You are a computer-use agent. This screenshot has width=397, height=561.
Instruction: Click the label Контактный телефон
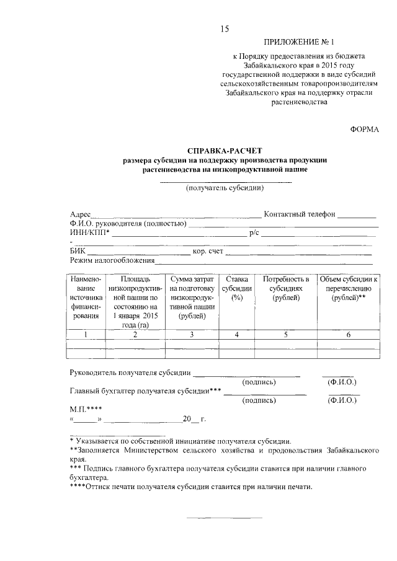click(x=300, y=214)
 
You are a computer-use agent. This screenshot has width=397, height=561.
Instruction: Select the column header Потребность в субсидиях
click(x=286, y=288)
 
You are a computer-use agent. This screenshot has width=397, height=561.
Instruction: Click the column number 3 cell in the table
click(x=192, y=335)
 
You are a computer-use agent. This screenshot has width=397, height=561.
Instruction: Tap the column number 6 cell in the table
click(x=348, y=335)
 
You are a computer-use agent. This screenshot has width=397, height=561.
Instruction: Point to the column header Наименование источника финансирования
click(x=86, y=298)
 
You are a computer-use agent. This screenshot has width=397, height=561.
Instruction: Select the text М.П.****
click(x=85, y=410)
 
